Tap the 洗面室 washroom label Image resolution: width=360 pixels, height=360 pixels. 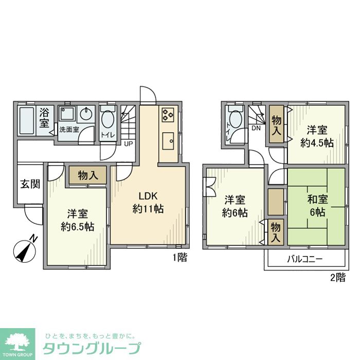(x=68, y=130)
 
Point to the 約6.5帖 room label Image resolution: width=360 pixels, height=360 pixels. (x=76, y=220)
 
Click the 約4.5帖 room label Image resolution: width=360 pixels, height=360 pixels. (x=317, y=136)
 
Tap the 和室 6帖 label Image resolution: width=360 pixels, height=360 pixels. (x=315, y=206)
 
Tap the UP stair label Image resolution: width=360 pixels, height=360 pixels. (x=128, y=143)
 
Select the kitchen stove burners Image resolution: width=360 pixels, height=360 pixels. (x=168, y=115)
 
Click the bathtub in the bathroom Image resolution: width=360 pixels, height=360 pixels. (x=26, y=121)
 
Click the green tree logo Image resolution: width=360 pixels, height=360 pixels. (x=17, y=341)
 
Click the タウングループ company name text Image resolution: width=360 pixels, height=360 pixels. (x=91, y=348)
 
